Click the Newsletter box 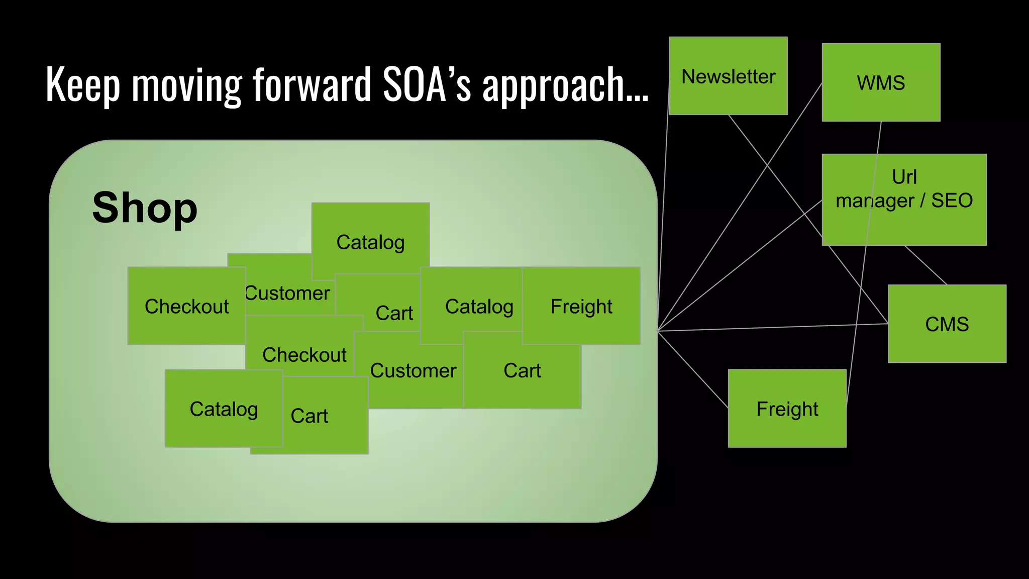point(728,76)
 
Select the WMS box point(881,82)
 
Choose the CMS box point(947,324)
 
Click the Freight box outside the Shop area point(787,409)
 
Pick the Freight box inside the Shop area point(581,306)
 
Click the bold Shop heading point(145,208)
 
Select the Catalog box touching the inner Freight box point(479,306)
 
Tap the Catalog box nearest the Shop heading point(370,242)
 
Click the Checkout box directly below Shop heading point(186,306)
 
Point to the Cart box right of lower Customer point(522,371)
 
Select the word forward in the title point(312,84)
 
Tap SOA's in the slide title point(427,84)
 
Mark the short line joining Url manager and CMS point(925,265)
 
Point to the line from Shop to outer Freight point(693,370)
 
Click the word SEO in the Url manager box point(952,201)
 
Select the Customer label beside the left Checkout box point(288,293)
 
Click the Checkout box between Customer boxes point(303,355)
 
